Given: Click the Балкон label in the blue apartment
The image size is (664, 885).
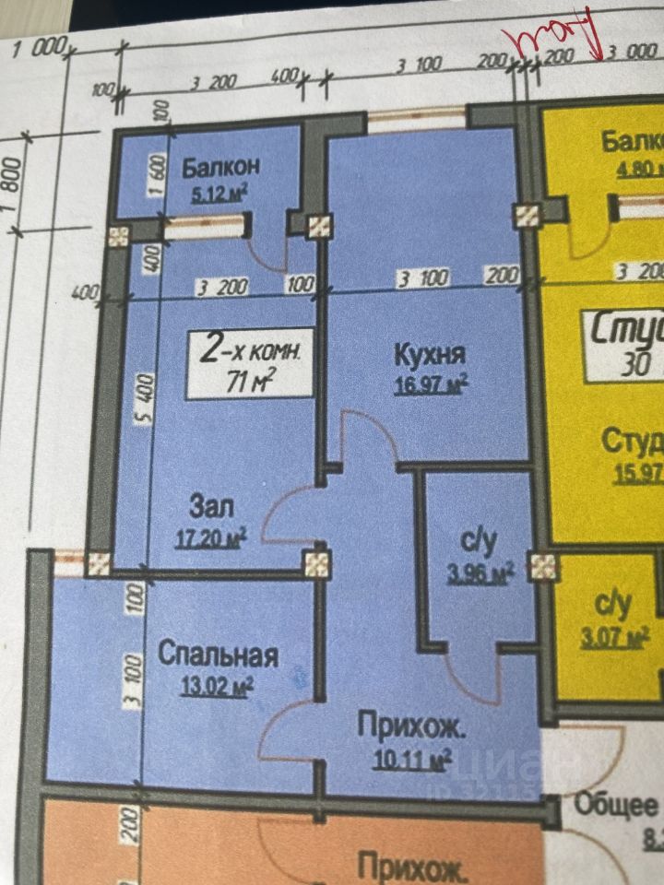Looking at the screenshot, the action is (219, 167).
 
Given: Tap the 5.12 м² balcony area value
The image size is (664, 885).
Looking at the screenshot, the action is (219, 194).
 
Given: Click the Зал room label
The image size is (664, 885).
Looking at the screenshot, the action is (213, 506).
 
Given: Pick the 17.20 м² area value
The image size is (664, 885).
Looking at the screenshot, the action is (210, 536).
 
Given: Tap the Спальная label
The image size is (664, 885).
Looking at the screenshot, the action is (218, 655).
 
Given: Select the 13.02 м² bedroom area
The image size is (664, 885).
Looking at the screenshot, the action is (217, 686).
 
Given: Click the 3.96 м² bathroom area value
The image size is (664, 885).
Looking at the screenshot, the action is (480, 575).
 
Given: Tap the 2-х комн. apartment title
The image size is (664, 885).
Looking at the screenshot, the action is (251, 349).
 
